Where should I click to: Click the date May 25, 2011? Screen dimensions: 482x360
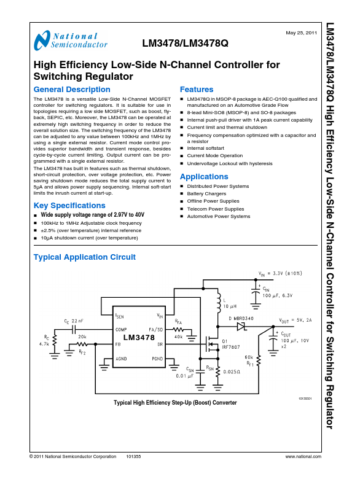pos(302,32)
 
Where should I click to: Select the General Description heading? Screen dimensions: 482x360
pos(72,90)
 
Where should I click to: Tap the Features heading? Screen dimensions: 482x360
pos(196,90)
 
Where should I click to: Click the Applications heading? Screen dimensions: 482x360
pos(204,177)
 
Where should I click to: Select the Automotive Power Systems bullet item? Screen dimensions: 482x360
pos(218,216)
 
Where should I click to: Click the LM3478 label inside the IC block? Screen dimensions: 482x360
pos(139,338)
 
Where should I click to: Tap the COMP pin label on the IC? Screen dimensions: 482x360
pos(122,330)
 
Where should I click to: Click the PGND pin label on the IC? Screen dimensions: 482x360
pos(158,358)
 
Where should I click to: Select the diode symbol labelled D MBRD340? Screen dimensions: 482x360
pos(241,325)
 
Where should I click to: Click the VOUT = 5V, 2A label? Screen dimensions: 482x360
pos(296,321)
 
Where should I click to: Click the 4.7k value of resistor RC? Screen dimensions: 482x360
pos(43,345)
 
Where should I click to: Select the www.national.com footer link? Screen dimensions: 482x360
pos(303,457)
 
